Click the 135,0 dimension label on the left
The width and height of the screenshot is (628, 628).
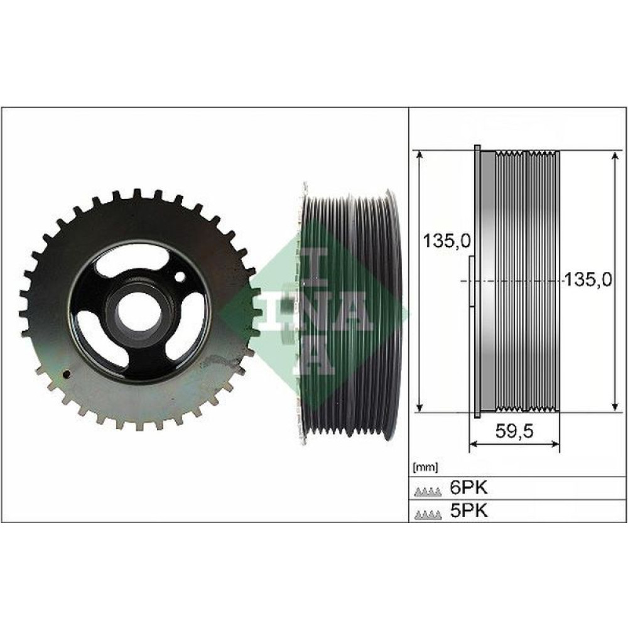pos(447,241)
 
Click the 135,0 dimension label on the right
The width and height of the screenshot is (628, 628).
pos(587,279)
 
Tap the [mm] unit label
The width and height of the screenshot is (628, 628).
pos(425,467)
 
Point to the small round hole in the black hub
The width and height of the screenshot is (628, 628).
pos(180,276)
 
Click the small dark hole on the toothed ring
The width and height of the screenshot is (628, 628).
pos(66,375)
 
